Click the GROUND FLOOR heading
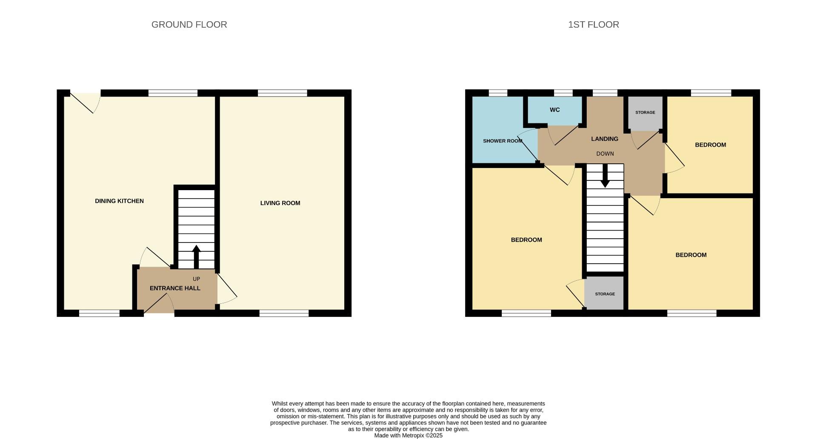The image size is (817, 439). click(189, 25)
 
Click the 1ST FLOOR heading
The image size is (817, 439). click(593, 25)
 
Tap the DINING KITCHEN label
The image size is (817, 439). click(119, 201)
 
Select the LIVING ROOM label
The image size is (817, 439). click(280, 203)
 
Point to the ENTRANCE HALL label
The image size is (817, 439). click(175, 288)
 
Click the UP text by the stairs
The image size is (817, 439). click(196, 279)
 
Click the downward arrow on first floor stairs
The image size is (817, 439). click(605, 177)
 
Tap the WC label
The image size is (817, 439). click(554, 110)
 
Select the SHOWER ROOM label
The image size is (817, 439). click(502, 141)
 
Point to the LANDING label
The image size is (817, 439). click(604, 139)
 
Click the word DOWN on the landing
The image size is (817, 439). click(605, 154)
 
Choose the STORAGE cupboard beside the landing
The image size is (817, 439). click(645, 113)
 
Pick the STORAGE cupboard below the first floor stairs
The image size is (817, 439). click(605, 294)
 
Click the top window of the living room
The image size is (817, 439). click(282, 93)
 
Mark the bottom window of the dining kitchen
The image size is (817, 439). click(99, 314)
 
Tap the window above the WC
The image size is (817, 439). click(563, 93)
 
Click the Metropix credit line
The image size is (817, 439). click(408, 436)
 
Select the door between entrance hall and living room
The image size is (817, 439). click(226, 289)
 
